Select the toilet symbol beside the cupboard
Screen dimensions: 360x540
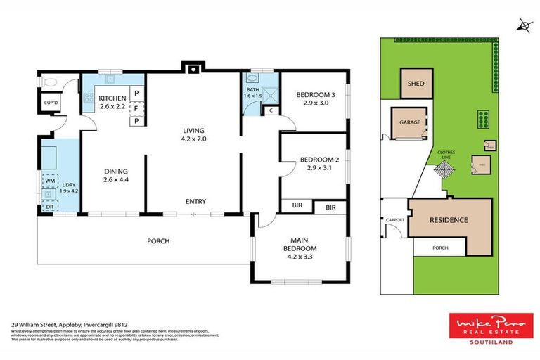pyautogui.click(x=46, y=82)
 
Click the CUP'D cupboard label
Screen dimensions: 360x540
pyautogui.click(x=51, y=103)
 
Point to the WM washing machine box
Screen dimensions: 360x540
pyautogui.click(x=50, y=181)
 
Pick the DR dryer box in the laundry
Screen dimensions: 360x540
pyautogui.click(x=50, y=205)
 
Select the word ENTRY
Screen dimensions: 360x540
pyautogui.click(x=195, y=202)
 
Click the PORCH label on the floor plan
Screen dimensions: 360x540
pyautogui.click(x=158, y=241)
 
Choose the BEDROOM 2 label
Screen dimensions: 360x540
pyautogui.click(x=319, y=164)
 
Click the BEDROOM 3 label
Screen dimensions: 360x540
pyautogui.click(x=315, y=98)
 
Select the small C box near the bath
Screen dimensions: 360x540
pyautogui.click(x=270, y=110)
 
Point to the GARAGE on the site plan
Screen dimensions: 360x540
pyautogui.click(x=410, y=123)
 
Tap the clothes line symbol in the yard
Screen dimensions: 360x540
pyautogui.click(x=444, y=172)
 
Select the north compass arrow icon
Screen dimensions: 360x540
pyautogui.click(x=524, y=25)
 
